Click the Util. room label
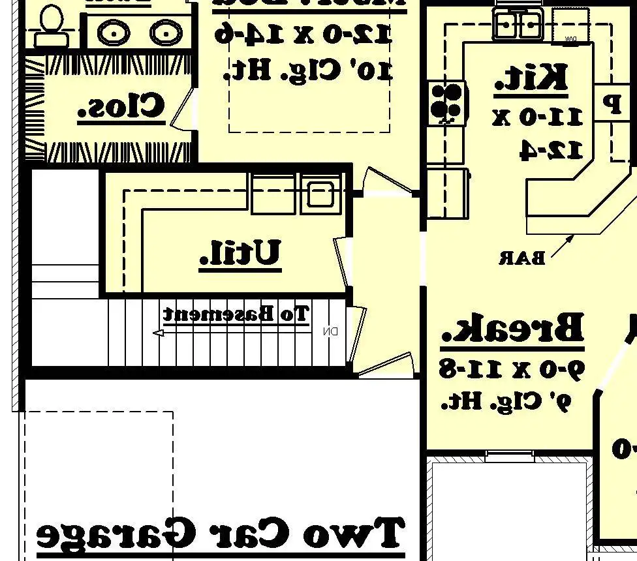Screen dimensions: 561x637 [x=241, y=253]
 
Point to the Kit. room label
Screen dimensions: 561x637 [x=531, y=78]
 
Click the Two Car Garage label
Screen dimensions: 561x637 [x=219, y=532]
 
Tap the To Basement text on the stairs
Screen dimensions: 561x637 [x=236, y=314]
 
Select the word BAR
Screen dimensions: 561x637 [x=521, y=258]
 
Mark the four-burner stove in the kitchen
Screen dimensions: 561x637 [x=447, y=102]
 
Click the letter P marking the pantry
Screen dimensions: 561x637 [x=612, y=104]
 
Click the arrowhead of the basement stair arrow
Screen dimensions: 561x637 [x=157, y=333]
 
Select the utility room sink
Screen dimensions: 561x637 [x=320, y=194]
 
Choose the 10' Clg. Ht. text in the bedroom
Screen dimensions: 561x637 [x=308, y=70]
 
